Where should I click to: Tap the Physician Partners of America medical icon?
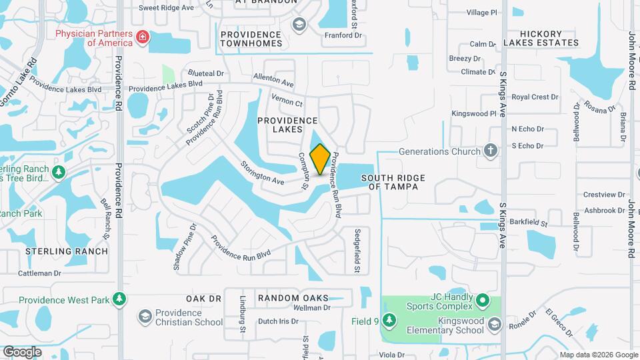coord(142,37)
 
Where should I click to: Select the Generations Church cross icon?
coord(491,151)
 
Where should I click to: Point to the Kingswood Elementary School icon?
coord(494,325)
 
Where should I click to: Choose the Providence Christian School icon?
coord(145,315)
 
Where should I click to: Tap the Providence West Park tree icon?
coord(119,300)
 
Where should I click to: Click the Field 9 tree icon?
coord(390,321)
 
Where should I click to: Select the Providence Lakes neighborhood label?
coord(288,125)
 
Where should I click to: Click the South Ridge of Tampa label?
coord(390,182)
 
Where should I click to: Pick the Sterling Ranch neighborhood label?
coord(66,251)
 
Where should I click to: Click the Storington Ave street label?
coord(263,173)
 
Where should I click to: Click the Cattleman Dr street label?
coord(39,273)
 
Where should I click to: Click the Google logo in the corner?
coord(22,351)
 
